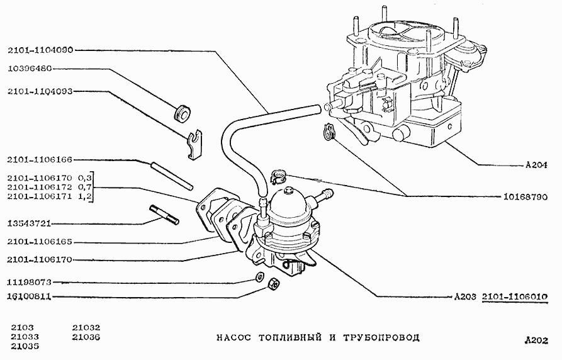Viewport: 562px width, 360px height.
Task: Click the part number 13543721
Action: (30, 223)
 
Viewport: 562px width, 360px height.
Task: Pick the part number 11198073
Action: (30, 283)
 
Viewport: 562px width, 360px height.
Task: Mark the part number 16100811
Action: (30, 296)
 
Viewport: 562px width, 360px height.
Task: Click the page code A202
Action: (537, 340)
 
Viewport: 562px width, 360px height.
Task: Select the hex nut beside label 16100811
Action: (274, 285)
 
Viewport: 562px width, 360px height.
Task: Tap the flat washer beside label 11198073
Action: (259, 278)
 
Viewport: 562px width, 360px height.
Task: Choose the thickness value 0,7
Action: (86, 188)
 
